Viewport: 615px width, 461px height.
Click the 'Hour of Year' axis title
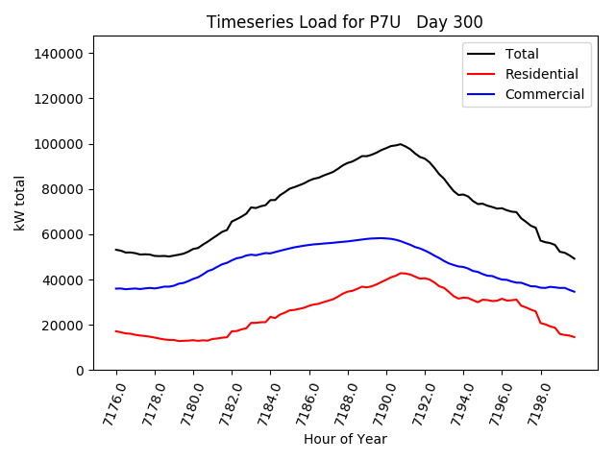click(x=345, y=439)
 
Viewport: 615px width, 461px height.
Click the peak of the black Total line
click(x=400, y=144)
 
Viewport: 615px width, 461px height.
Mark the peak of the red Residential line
click(x=402, y=273)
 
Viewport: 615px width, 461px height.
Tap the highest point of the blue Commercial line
click(x=381, y=238)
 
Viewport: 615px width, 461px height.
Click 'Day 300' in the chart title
click(x=450, y=22)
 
